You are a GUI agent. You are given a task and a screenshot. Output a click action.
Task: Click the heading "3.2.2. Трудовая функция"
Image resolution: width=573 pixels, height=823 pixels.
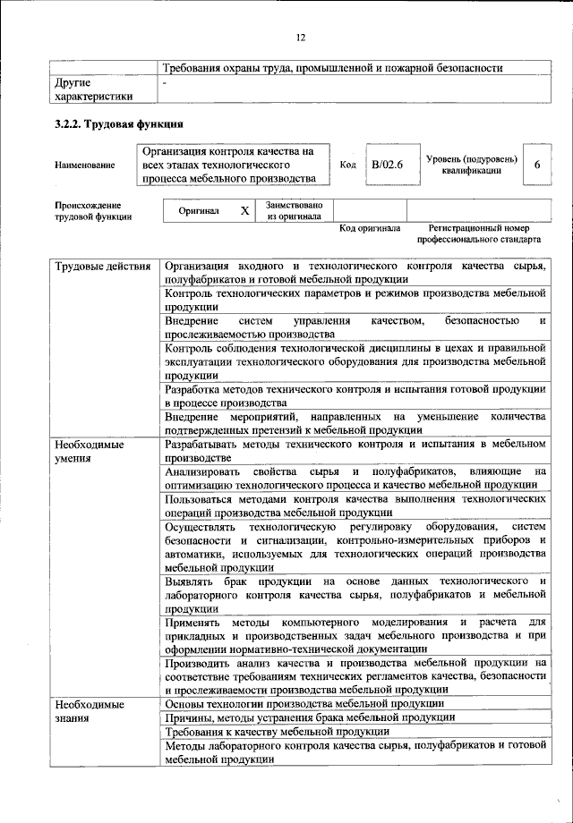119,124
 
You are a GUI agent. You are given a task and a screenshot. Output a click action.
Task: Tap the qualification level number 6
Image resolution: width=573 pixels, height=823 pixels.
536,165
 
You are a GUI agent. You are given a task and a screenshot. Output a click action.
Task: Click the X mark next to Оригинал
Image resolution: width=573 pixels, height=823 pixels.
244,211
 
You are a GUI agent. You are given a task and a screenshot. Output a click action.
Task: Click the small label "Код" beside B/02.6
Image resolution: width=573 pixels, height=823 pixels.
348,165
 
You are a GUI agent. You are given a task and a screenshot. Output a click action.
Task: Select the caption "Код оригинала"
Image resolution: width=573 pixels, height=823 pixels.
370,228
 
